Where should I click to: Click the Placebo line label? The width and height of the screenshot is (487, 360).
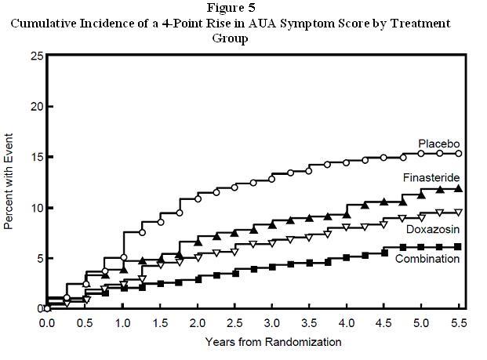click(x=438, y=144)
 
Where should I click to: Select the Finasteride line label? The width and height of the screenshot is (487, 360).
click(x=431, y=178)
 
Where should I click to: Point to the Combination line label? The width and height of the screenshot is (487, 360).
click(x=427, y=259)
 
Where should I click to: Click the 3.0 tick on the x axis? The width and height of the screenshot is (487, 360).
click(x=271, y=323)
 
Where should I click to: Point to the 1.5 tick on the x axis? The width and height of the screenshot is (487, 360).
click(x=160, y=323)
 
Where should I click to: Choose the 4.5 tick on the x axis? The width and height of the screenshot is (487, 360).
click(x=383, y=323)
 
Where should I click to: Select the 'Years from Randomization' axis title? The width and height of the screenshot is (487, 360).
click(x=273, y=342)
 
